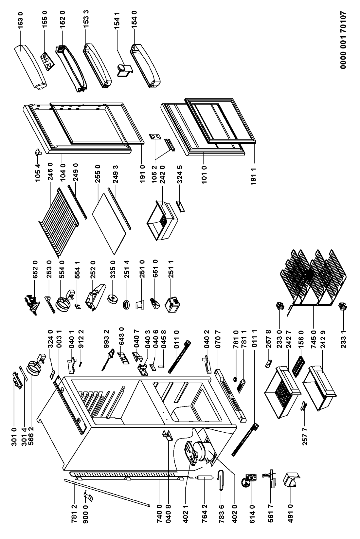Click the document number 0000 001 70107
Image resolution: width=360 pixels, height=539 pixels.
[343, 40]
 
